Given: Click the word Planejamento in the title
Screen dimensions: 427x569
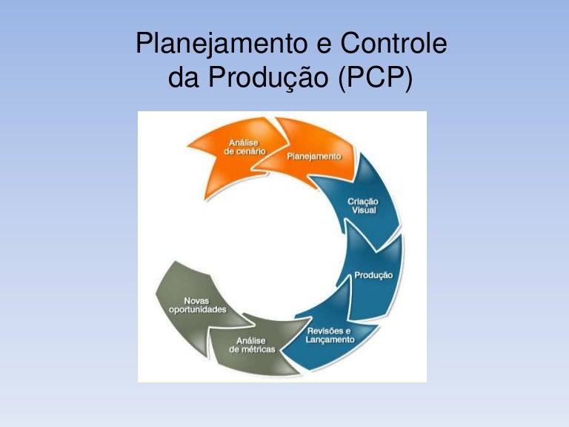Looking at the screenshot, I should tap(220, 46).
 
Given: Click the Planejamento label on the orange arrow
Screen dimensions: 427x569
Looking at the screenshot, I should tap(314, 156).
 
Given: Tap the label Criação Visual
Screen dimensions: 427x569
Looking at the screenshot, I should tap(364, 206).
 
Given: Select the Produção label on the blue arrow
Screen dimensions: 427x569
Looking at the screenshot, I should tap(373, 275).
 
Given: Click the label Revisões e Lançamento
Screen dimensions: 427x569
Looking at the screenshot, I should tap(330, 334).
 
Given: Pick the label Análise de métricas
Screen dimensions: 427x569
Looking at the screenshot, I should tap(252, 345).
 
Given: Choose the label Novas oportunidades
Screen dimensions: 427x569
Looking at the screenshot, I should tap(192, 305).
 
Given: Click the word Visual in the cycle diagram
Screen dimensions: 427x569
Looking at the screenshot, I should tap(364, 211).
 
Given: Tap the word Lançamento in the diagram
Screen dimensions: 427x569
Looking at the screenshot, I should tap(330, 340).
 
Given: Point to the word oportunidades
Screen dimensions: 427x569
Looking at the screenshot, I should tap(192, 309).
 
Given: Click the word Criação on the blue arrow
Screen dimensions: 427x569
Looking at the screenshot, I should tap(364, 202).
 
